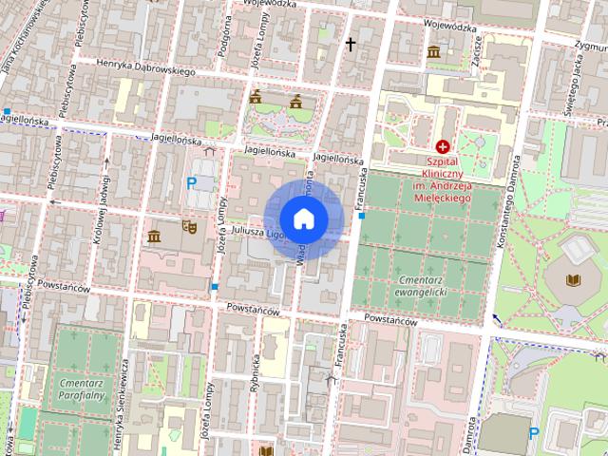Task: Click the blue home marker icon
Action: point(303,218)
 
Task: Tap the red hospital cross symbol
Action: point(442,147)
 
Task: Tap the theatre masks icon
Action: point(188,227)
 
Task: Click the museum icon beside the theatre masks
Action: point(154,236)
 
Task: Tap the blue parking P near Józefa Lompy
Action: point(191,182)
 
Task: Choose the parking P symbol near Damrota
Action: point(533,433)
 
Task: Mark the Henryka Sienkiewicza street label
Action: point(121,409)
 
